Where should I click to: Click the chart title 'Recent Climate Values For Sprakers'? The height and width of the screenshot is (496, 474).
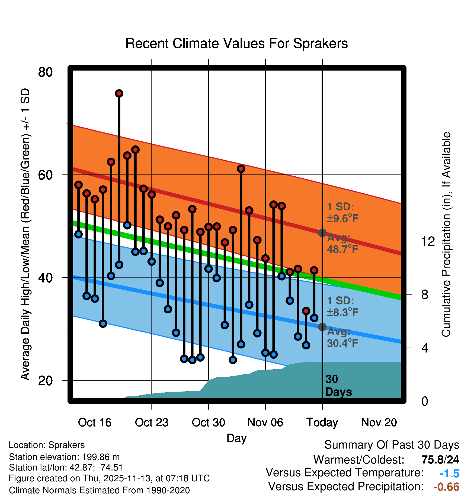[x=236, y=43]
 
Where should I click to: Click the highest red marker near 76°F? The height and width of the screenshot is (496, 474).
[x=119, y=94]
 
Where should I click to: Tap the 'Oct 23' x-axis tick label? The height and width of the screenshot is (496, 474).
[x=152, y=422]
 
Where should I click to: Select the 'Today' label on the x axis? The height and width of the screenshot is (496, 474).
[x=322, y=422]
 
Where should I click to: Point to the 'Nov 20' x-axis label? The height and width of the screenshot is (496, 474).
[x=379, y=422]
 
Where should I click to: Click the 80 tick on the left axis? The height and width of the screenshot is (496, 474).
[x=45, y=72]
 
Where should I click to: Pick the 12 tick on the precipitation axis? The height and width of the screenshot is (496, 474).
[x=428, y=241]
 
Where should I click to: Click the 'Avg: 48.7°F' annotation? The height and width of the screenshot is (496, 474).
[x=342, y=243]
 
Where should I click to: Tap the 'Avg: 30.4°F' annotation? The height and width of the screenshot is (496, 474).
[x=342, y=337]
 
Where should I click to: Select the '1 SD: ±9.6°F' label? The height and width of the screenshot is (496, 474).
[x=342, y=212]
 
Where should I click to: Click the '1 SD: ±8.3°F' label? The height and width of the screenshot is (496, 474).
[x=342, y=306]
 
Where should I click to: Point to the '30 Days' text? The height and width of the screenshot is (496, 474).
[x=338, y=386]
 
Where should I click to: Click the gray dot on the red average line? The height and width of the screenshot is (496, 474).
[x=322, y=233]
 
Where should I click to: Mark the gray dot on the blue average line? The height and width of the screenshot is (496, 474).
[x=322, y=327]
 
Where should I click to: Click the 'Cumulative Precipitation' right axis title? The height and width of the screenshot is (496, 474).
[x=446, y=234]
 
